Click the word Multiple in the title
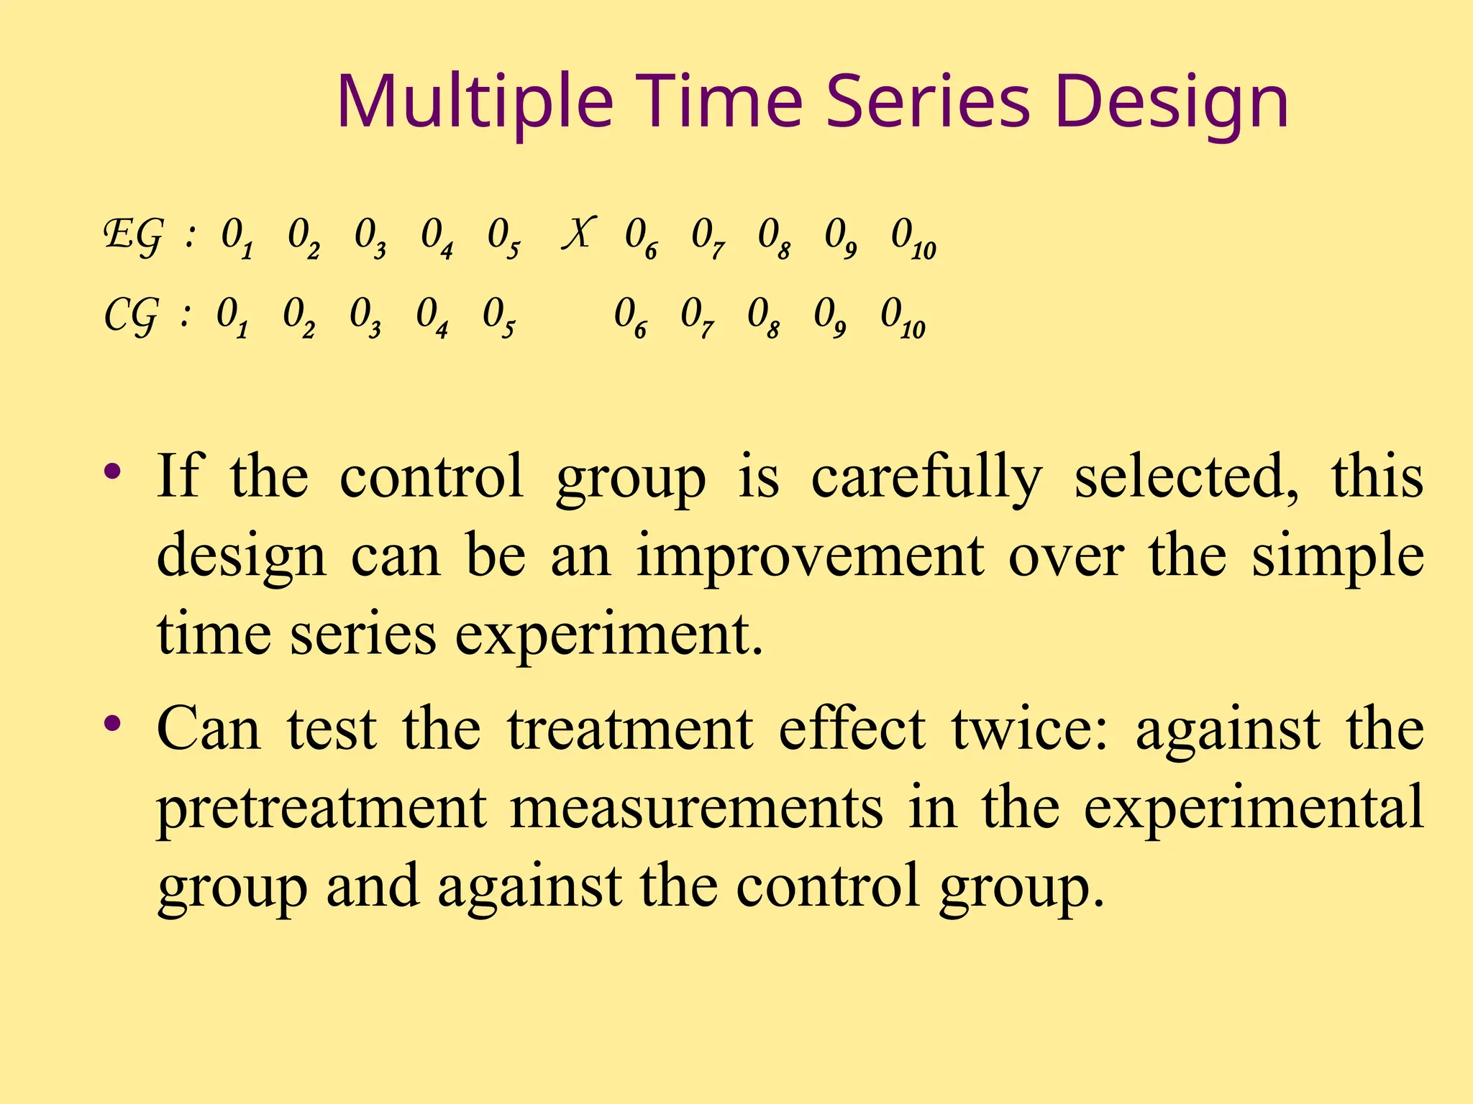(x=475, y=104)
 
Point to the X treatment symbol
(x=579, y=234)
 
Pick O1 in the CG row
(x=232, y=317)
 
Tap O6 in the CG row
(x=630, y=317)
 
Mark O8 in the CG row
(x=763, y=317)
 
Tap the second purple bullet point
(x=112, y=723)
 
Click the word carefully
(x=926, y=479)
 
